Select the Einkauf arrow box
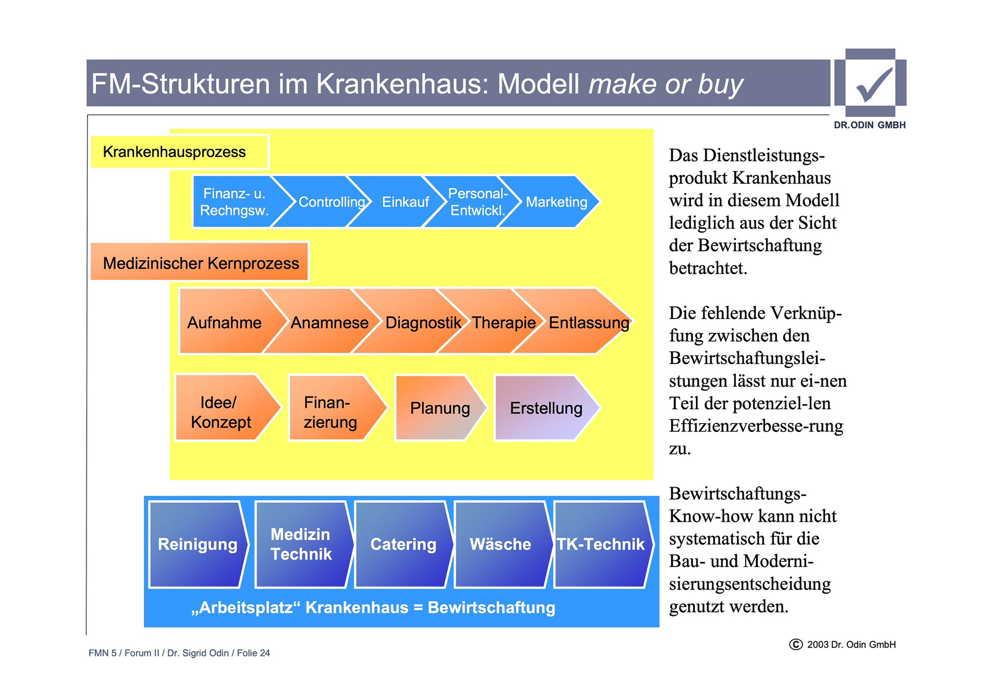[x=405, y=202]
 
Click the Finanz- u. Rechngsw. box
[x=234, y=202]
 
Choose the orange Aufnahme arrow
[x=224, y=322]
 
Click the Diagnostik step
[x=423, y=322]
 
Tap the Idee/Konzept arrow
[x=221, y=408]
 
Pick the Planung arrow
[x=440, y=408]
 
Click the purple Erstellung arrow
[x=545, y=408]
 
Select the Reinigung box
[x=197, y=544]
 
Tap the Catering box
[x=403, y=544]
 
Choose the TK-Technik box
[x=600, y=544]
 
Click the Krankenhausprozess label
[x=175, y=152]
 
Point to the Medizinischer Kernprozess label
[x=200, y=263]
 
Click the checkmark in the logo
[x=873, y=85]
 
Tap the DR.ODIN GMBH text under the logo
[x=869, y=125]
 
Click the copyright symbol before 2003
[x=795, y=644]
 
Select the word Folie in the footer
[x=247, y=653]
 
